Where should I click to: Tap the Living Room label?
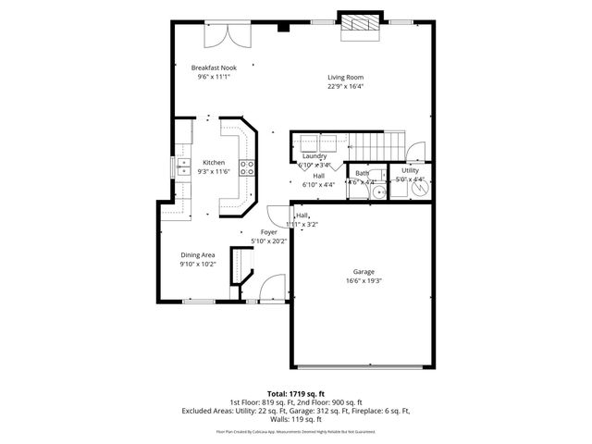click(345, 77)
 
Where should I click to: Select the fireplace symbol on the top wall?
click(358, 26)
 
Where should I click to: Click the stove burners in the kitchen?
click(247, 166)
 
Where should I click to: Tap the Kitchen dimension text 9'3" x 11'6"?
click(214, 171)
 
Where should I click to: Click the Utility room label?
click(410, 170)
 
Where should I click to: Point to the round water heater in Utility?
click(419, 188)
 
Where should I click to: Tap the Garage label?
click(363, 271)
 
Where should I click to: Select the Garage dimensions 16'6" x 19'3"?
click(363, 280)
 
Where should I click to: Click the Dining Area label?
click(198, 254)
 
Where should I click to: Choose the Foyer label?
click(268, 232)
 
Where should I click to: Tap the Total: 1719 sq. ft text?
click(296, 393)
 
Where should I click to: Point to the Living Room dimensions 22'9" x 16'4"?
click(345, 86)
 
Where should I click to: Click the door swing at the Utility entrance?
click(417, 150)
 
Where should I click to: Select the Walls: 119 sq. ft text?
click(296, 418)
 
